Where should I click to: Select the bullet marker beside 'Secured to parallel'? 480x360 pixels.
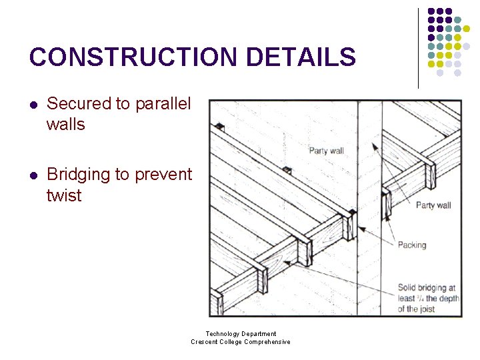tap(34, 105)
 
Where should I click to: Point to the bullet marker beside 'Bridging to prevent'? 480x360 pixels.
tap(34, 175)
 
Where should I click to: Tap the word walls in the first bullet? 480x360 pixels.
tap(66, 125)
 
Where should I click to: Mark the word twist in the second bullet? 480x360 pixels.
tap(64, 196)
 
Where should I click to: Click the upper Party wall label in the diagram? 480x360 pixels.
tap(326, 151)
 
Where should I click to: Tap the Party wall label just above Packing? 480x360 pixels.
tap(433, 205)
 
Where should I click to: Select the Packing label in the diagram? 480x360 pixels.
tap(411, 245)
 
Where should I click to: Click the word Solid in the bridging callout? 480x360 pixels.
tap(407, 288)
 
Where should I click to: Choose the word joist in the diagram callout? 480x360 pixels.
tap(427, 309)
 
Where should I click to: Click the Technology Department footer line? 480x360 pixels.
tap(241, 333)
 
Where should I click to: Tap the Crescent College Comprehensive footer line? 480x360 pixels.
tap(241, 342)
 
